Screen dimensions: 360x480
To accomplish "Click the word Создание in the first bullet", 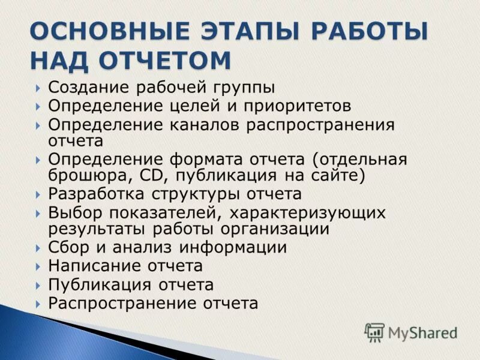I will click(88, 88).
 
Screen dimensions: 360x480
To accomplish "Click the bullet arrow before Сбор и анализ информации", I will click(38, 248).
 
